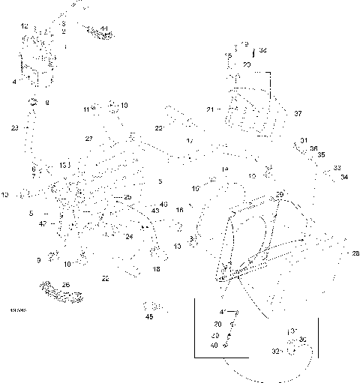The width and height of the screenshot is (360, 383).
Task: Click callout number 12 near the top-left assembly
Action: coord(24,26)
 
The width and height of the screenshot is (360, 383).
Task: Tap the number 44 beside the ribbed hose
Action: coord(103,29)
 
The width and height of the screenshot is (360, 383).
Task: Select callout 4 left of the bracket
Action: coord(14,80)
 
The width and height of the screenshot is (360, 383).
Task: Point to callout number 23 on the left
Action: coord(14,128)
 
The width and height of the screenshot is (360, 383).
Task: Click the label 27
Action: coord(88,139)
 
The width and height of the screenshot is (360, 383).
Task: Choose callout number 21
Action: coord(211,109)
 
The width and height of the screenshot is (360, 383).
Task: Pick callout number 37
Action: coord(298,113)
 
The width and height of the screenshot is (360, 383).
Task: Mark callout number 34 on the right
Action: coord(343,178)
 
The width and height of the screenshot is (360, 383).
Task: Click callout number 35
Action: coord(322,154)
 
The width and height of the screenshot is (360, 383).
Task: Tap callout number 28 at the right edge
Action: coord(355,253)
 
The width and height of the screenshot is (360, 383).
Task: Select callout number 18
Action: coord(156,268)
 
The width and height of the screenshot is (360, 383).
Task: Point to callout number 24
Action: coord(129,236)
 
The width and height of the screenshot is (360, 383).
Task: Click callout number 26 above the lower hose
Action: coord(65,284)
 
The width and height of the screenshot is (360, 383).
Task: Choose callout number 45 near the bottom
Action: coord(148,316)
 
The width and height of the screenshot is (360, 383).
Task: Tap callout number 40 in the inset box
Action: coord(214,345)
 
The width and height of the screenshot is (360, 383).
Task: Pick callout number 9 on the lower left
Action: coord(37,260)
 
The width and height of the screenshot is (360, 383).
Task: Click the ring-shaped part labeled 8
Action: coord(34,101)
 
